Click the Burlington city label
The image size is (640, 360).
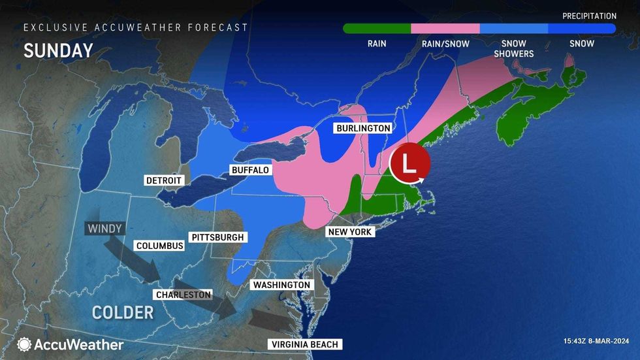pyautogui.click(x=363, y=128)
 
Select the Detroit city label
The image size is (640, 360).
pyautogui.click(x=163, y=180)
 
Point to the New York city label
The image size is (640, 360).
pyautogui.click(x=350, y=232)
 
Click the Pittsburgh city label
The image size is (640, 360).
pyautogui.click(x=217, y=237)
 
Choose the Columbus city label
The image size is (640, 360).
pyautogui.click(x=159, y=246)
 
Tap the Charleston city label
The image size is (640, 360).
pyautogui.click(x=183, y=295)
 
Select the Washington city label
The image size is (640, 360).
pyautogui.click(x=281, y=285)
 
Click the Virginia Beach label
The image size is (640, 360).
pyautogui.click(x=305, y=344)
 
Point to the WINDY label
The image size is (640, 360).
pyautogui.click(x=103, y=229)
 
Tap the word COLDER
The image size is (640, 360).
pyautogui.click(x=123, y=312)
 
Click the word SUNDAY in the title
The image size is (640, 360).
pyautogui.click(x=59, y=51)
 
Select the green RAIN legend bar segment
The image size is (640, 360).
pyautogui.click(x=377, y=29)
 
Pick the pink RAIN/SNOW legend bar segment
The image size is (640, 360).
pyautogui.click(x=445, y=29)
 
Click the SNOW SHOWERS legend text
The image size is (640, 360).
pyautogui.click(x=513, y=48)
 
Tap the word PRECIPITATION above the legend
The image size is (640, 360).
pyautogui.click(x=589, y=15)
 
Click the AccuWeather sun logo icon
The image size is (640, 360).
pyautogui.click(x=25, y=344)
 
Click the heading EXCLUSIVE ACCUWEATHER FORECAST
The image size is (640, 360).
pyautogui.click(x=136, y=27)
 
